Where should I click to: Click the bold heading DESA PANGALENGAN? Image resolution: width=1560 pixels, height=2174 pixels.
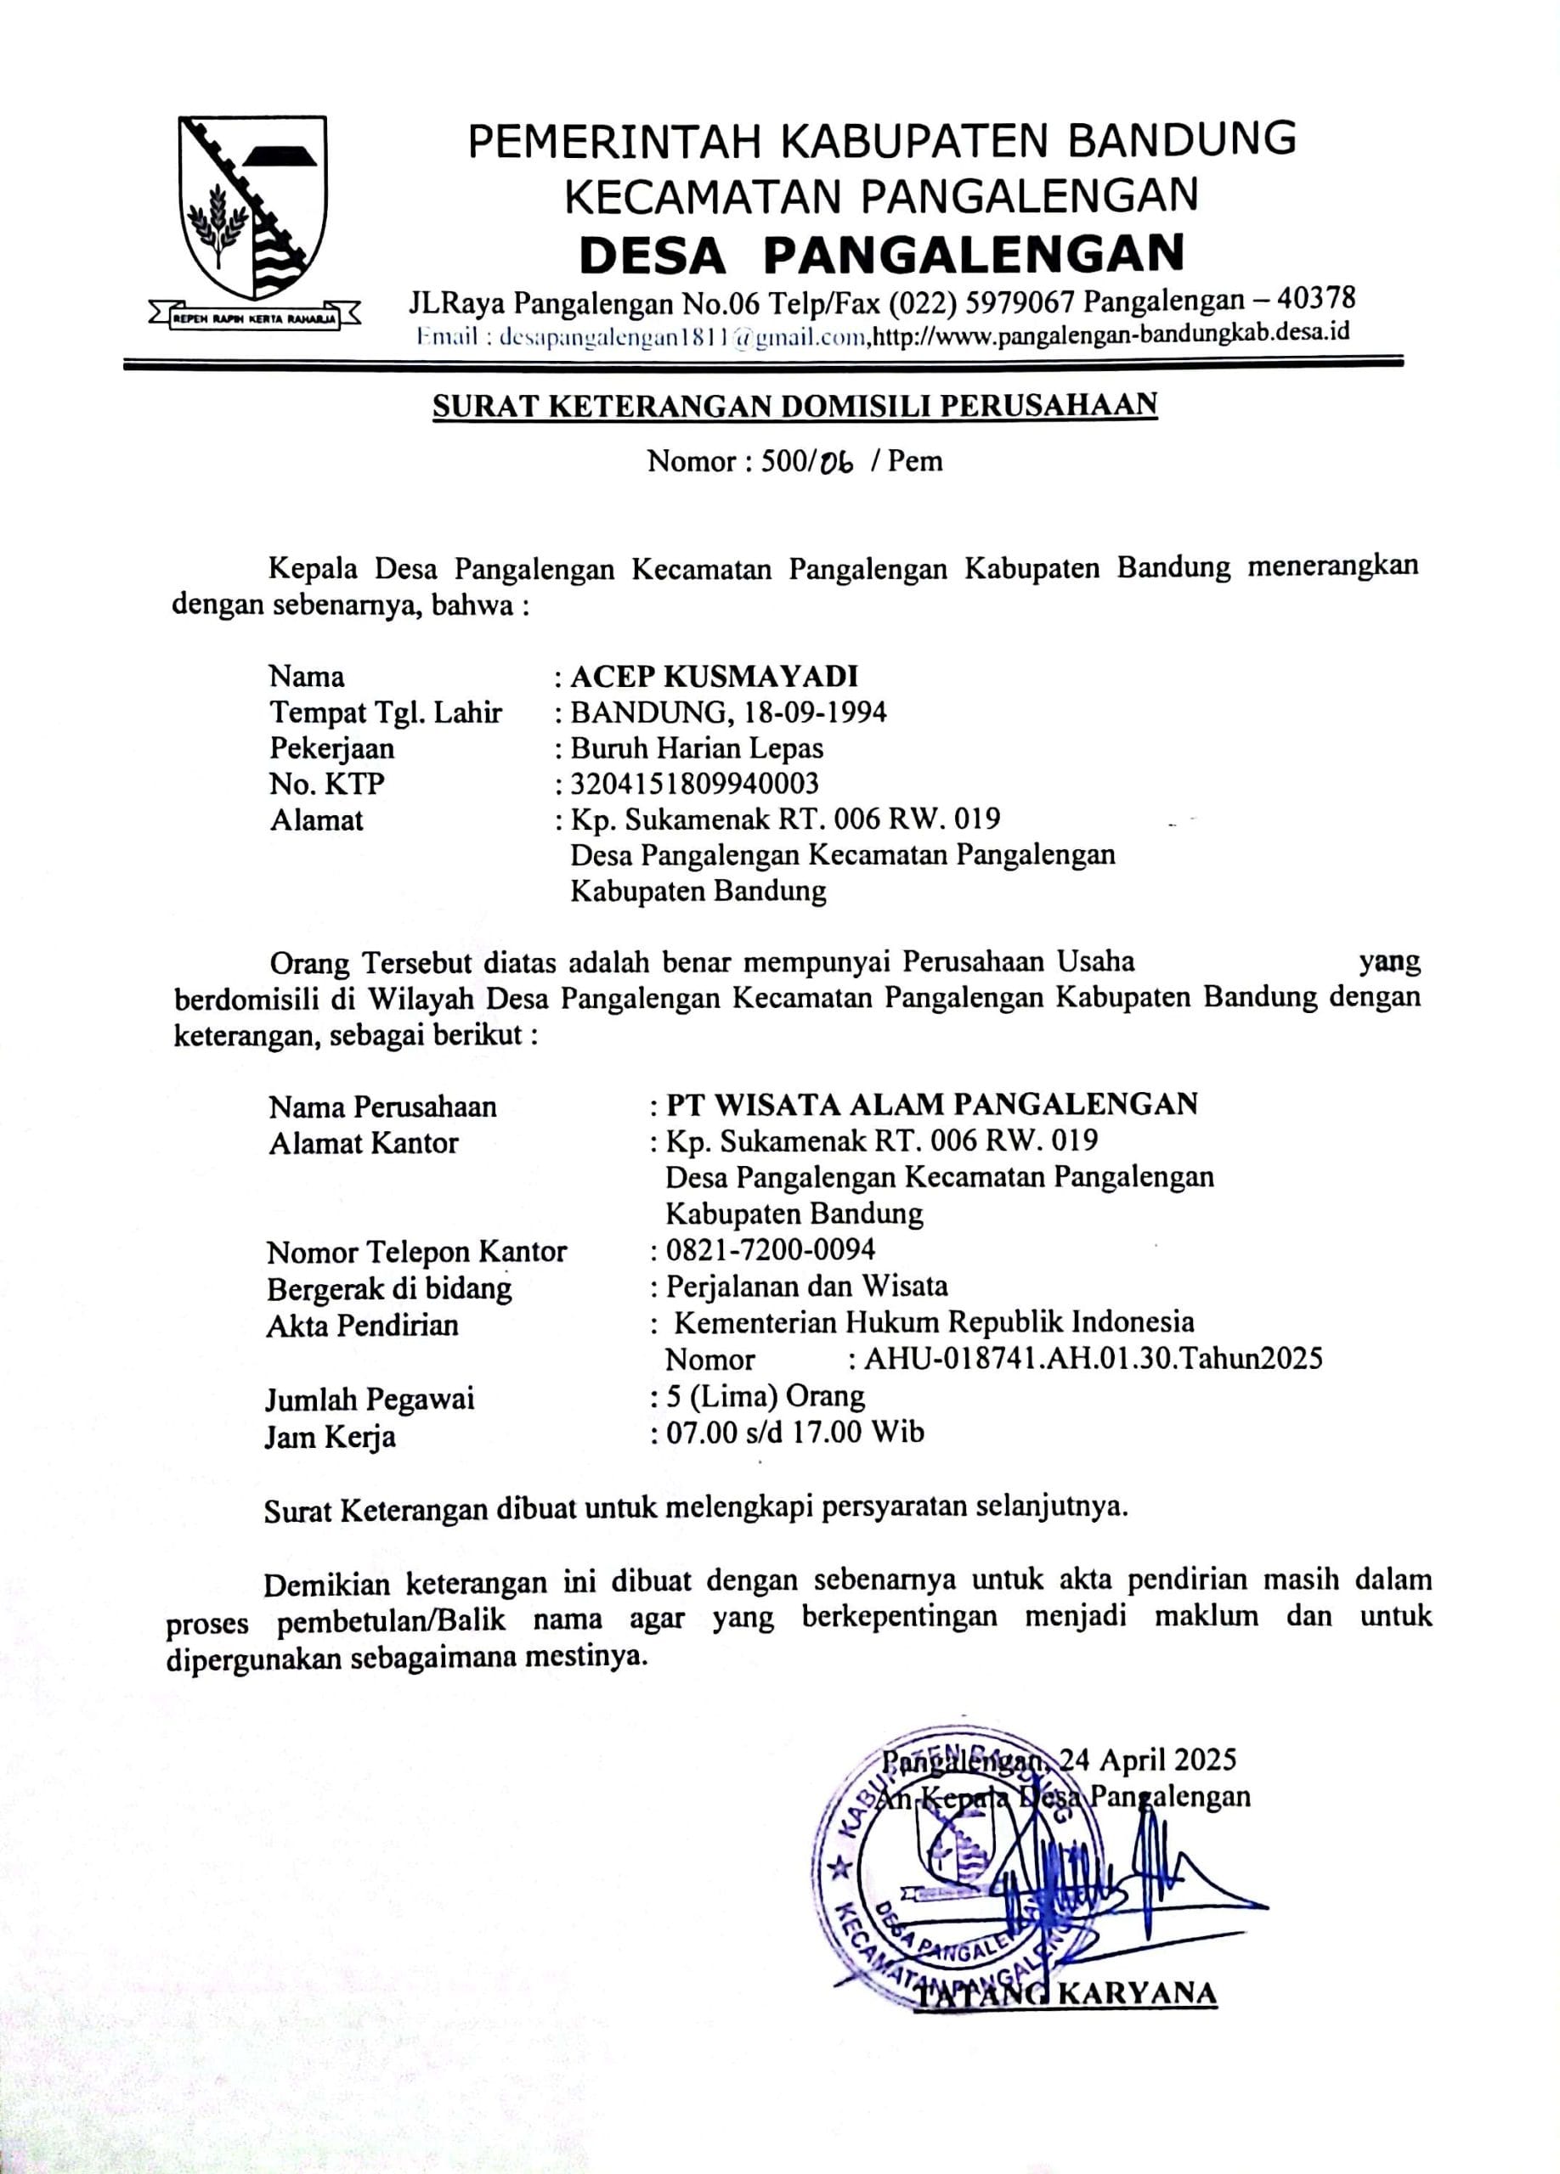882,254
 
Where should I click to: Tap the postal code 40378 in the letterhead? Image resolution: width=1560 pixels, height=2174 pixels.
1319,300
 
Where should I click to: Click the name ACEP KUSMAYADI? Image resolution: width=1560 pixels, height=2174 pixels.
715,677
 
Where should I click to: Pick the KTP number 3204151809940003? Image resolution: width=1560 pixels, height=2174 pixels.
694,784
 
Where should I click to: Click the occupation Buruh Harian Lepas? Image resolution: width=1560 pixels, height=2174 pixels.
697,747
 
